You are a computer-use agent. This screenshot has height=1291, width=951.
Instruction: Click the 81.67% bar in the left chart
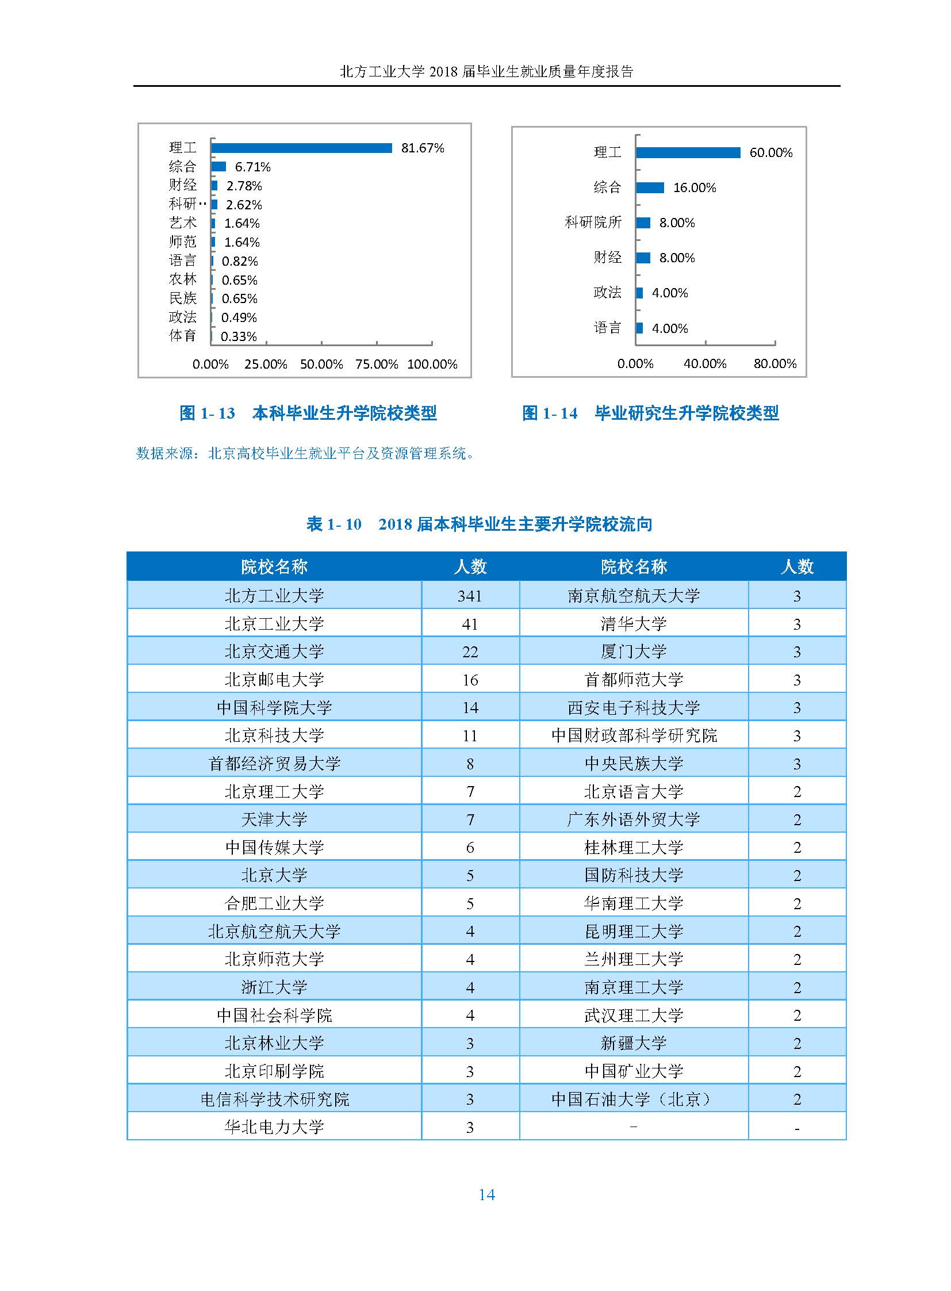point(301,148)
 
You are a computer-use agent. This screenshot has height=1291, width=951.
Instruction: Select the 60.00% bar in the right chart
point(688,152)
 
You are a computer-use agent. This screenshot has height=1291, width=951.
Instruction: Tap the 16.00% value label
point(694,187)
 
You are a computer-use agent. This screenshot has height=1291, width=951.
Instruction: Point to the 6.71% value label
point(252,167)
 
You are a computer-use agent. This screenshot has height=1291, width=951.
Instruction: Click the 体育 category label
point(182,336)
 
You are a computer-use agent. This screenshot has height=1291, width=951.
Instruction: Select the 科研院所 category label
point(593,223)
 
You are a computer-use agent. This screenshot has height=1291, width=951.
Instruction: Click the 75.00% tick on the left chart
point(377,364)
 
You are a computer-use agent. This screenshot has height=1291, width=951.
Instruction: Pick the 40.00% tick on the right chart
point(704,363)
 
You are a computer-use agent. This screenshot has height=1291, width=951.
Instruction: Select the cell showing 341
point(470,596)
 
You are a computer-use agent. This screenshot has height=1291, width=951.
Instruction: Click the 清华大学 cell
point(633,623)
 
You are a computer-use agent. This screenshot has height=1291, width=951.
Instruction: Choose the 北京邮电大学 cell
point(274,680)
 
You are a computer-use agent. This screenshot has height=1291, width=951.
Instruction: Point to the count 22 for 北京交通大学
point(470,652)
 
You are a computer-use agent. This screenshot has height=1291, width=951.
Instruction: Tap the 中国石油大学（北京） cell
point(633,1100)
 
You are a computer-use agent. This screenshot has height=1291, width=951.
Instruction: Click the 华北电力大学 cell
point(274,1127)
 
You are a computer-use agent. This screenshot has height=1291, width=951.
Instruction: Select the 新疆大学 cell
point(633,1043)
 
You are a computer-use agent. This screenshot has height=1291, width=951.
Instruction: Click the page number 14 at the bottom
point(486,1195)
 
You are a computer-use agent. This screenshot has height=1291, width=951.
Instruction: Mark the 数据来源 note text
point(305,454)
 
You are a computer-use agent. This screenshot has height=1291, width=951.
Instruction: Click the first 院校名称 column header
point(274,566)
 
